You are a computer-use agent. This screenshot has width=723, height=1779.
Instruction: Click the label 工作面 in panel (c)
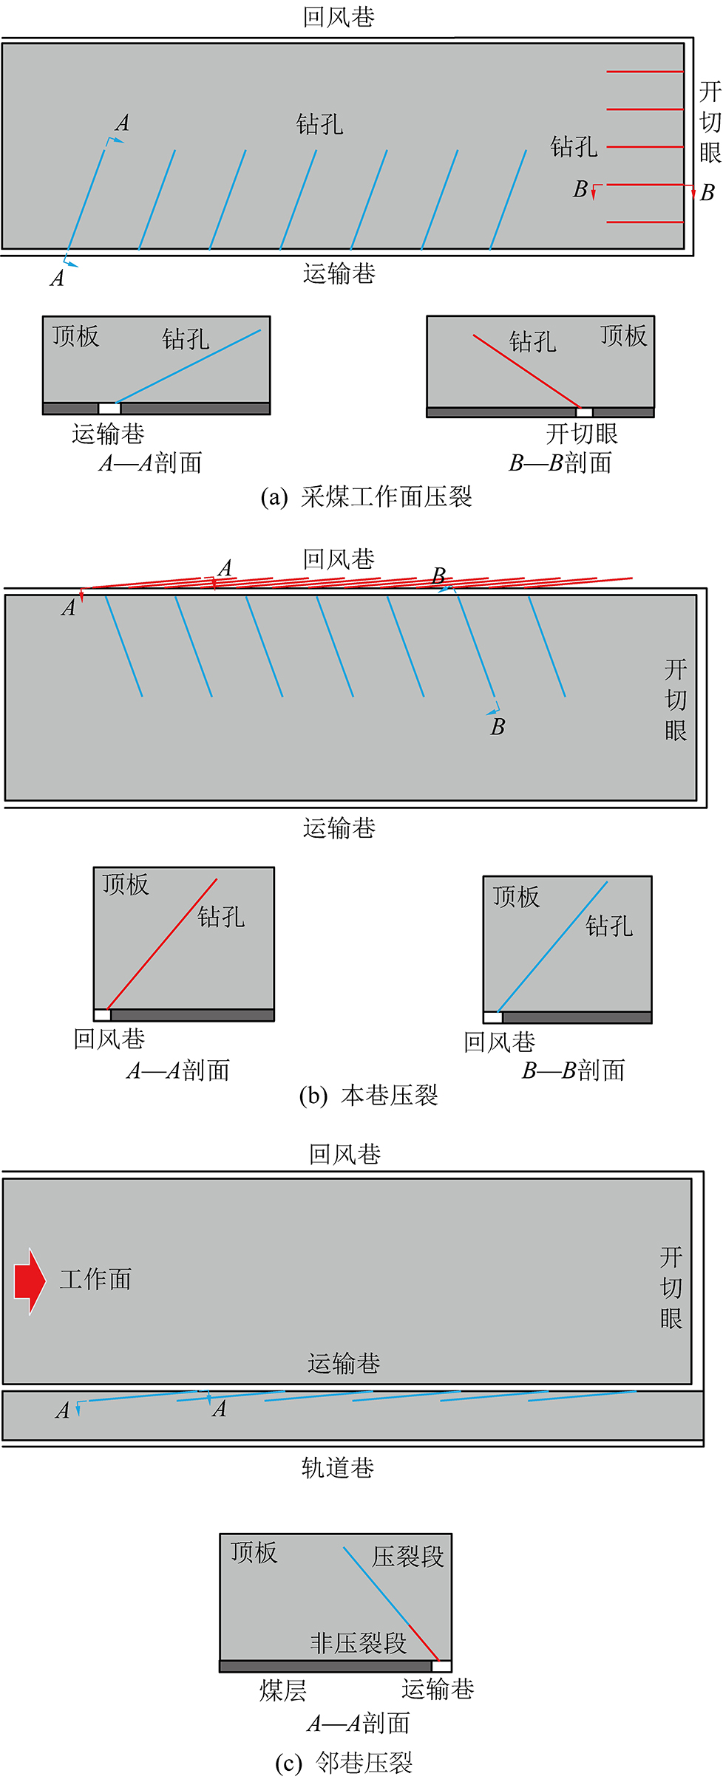(x=95, y=1280)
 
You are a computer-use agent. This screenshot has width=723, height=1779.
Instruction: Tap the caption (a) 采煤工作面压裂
(x=366, y=496)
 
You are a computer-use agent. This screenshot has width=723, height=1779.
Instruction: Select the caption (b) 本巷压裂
(x=368, y=1095)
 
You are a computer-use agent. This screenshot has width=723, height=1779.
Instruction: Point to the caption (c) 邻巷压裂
(x=344, y=1763)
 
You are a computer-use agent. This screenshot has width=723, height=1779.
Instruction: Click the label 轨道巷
(x=338, y=1467)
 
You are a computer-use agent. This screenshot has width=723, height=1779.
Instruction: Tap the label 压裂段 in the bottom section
(x=407, y=1557)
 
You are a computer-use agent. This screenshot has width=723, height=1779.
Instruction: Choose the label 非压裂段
(x=359, y=1643)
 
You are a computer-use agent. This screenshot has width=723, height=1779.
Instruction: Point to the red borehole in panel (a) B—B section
(x=526, y=371)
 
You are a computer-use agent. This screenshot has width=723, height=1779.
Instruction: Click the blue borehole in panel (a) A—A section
(x=189, y=366)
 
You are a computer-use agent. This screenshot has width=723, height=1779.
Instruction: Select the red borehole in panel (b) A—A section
(x=163, y=943)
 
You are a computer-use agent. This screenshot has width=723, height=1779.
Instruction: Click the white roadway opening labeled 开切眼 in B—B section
(x=584, y=412)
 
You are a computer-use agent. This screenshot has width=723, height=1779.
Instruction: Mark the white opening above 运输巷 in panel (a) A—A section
(x=109, y=409)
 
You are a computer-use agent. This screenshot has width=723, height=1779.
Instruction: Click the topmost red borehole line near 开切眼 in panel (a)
(x=645, y=72)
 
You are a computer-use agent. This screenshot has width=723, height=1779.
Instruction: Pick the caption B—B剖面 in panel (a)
(x=560, y=463)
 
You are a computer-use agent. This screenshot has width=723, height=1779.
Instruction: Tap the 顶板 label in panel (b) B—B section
(x=516, y=897)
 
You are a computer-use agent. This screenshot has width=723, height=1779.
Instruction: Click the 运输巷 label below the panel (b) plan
(x=339, y=828)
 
